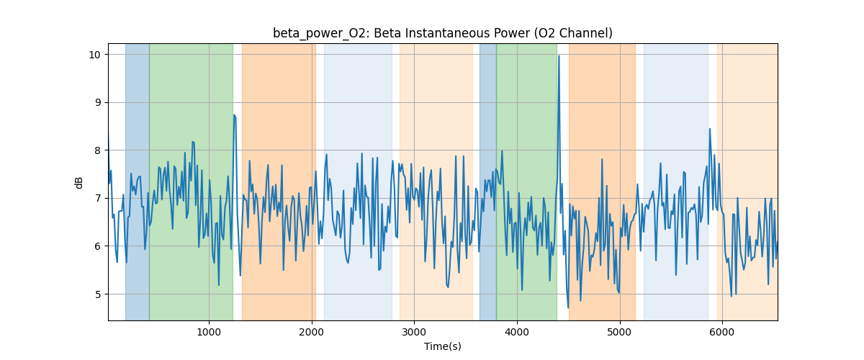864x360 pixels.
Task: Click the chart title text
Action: coord(442,33)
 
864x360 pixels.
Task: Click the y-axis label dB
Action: coord(79,182)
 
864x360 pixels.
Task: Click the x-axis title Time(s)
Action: coord(442,346)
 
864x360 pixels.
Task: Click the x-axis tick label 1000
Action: coord(209,333)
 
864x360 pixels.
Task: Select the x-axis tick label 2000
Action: coord(312,333)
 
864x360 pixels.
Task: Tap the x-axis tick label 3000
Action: coord(414,333)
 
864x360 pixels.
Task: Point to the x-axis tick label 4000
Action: coord(517,333)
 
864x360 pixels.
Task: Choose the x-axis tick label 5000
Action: coord(619,333)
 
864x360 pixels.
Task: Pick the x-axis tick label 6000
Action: coord(722,333)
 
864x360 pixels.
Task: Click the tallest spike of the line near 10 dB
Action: coord(559,56)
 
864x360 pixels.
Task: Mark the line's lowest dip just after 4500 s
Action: coord(568,307)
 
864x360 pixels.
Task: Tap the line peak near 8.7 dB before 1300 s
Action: coord(234,115)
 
